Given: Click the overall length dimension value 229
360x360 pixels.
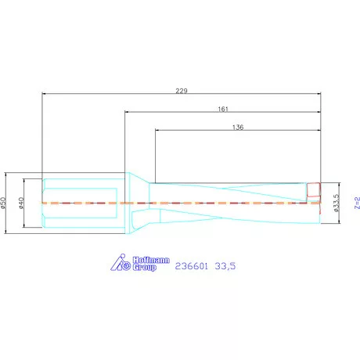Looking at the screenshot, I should [x=182, y=91].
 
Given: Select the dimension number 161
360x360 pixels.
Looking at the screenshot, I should [x=223, y=110].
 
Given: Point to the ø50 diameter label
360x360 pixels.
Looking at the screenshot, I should [x=4, y=203].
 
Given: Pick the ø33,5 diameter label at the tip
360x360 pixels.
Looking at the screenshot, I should [x=335, y=203].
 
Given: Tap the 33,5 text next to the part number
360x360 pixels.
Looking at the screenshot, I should [x=225, y=266].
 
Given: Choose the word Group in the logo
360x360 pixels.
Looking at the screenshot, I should [x=143, y=268].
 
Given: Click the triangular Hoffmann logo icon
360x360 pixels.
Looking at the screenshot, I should [x=120, y=264].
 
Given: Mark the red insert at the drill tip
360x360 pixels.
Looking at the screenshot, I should [x=314, y=189].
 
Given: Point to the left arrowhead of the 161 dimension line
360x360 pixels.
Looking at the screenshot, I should [x=128, y=113].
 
